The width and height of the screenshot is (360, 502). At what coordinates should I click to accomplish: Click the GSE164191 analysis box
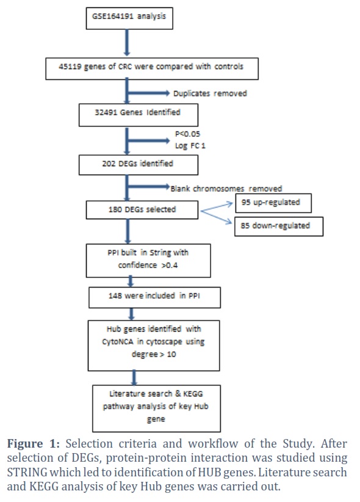point(129,18)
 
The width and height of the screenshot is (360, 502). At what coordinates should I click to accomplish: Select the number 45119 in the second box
point(70,67)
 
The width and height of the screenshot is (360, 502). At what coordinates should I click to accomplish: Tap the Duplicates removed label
point(210,93)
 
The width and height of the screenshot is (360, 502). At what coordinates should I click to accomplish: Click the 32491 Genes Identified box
point(139,115)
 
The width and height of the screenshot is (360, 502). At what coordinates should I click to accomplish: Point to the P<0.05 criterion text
point(187,134)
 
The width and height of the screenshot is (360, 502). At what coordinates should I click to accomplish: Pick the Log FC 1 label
point(190,146)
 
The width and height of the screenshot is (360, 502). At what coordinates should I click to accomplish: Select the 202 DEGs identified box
point(139,165)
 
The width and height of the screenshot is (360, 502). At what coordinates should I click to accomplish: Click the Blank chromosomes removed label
point(226,189)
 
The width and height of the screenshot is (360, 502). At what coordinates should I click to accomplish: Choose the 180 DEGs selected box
point(142,209)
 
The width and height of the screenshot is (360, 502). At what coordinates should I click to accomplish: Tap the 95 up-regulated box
point(273,203)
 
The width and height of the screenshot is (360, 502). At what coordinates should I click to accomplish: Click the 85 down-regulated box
point(279,227)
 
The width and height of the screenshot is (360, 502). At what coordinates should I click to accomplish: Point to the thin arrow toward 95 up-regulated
point(217,207)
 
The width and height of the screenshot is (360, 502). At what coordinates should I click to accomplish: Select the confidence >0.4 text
point(148,265)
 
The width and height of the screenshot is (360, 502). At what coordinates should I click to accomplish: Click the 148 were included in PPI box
point(154,297)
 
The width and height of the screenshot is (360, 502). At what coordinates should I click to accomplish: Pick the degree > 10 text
point(154,354)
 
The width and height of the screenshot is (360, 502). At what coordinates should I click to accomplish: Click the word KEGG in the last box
point(193,393)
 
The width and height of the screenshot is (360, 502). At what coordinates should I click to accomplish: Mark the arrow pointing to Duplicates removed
point(148,93)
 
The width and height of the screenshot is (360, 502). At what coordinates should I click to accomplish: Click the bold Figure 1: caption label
point(34,444)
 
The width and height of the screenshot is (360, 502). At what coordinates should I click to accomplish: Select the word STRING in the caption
point(27,472)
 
